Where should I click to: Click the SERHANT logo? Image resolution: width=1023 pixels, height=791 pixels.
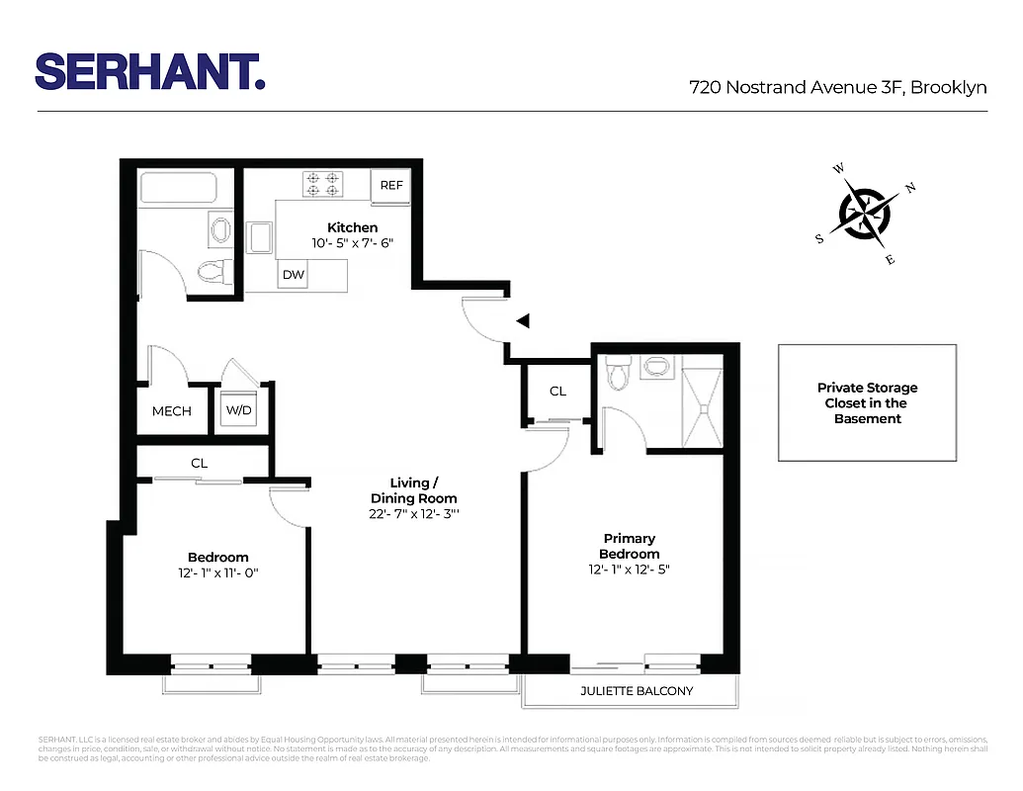click(150, 71)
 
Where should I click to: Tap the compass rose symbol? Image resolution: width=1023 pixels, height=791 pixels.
click(865, 212)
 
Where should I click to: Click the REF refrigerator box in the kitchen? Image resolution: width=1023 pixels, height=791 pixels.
click(391, 185)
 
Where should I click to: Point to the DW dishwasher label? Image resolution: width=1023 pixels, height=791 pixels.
click(294, 275)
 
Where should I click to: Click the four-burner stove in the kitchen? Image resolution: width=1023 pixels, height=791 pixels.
click(322, 184)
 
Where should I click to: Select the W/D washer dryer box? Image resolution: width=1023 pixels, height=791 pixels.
click(238, 410)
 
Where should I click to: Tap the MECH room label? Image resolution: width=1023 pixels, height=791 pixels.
click(172, 411)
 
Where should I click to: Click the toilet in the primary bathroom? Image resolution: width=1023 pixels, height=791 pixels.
click(619, 375)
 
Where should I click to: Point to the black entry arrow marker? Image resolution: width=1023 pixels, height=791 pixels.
click(523, 320)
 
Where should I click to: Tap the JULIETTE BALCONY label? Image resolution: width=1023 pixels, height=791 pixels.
click(636, 690)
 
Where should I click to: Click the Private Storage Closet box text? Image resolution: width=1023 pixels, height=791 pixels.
click(866, 402)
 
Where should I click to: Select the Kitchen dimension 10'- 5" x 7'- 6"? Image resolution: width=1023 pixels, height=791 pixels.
click(353, 242)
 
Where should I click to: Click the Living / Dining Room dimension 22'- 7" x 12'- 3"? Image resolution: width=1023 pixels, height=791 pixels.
click(413, 514)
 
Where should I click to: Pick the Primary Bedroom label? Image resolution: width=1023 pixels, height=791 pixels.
click(629, 546)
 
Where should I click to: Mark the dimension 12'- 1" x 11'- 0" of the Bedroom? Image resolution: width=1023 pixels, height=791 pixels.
click(217, 572)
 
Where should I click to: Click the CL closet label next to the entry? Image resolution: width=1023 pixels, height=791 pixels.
click(557, 391)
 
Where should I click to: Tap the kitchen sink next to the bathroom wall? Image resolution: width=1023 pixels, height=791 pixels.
click(261, 238)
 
